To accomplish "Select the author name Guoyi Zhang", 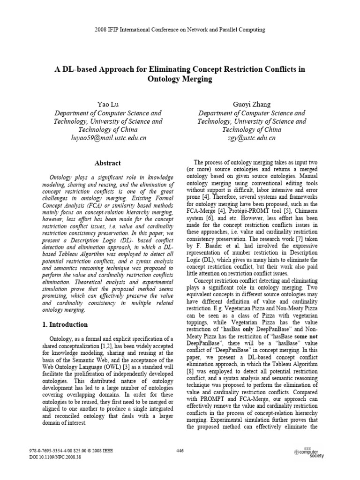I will tap(251, 104).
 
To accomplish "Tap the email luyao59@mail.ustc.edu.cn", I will tap(108, 138).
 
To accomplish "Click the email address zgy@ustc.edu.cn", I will tap(252, 138).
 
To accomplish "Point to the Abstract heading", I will tap(108, 163).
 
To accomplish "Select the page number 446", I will tap(180, 451).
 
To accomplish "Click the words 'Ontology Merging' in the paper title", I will tap(180, 79).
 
